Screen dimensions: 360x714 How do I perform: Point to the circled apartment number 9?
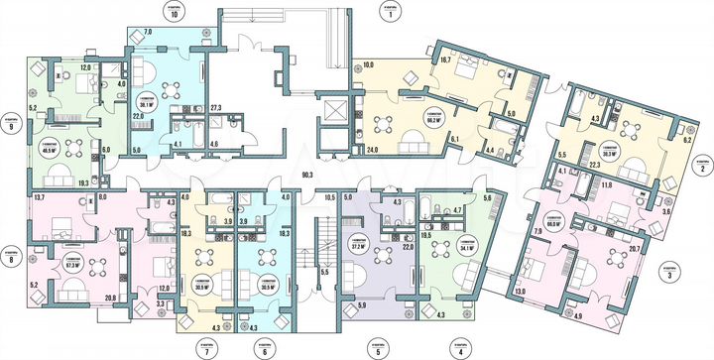(x=12, y=127)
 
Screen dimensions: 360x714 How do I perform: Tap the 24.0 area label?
(x=374, y=150)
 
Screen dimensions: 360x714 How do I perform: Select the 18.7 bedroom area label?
(x=445, y=61)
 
